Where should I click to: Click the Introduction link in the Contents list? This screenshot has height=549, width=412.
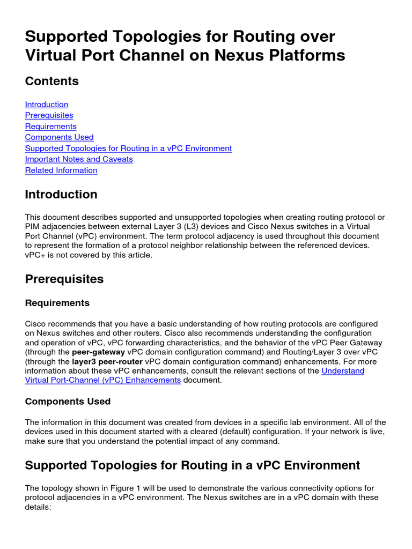pyautogui.click(x=47, y=105)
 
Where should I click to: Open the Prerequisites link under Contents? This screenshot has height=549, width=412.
pyautogui.click(x=49, y=115)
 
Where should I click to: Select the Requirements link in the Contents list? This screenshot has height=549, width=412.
pyautogui.click(x=50, y=127)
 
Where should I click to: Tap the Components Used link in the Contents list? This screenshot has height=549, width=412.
pyautogui.click(x=59, y=137)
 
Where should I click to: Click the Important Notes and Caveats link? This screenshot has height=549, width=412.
pyautogui.click(x=79, y=159)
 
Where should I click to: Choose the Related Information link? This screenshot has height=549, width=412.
pyautogui.click(x=61, y=170)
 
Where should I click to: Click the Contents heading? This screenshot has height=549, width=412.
pyautogui.click(x=52, y=81)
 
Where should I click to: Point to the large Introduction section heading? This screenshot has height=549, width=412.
pyautogui.click(x=61, y=195)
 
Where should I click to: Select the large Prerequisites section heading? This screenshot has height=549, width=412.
pyautogui.click(x=64, y=279)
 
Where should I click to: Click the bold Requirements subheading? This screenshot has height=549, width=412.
pyautogui.click(x=57, y=303)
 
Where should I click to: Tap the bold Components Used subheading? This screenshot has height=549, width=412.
pyautogui.click(x=68, y=402)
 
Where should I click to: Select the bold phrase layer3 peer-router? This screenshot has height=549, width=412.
pyautogui.click(x=107, y=362)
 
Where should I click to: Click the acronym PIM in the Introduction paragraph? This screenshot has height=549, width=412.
pyautogui.click(x=33, y=227)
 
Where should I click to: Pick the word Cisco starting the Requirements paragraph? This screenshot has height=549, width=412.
pyautogui.click(x=36, y=324)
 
